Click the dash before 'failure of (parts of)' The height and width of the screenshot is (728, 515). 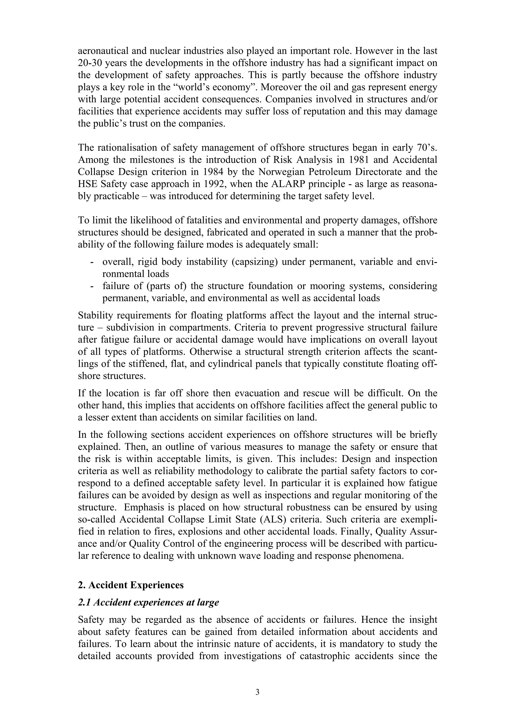tap(92, 286)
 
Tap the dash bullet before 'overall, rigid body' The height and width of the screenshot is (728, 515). tap(92, 262)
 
